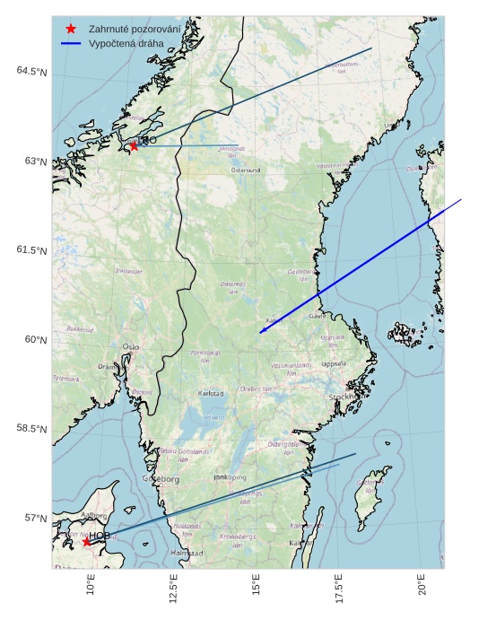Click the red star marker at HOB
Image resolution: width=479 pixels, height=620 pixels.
point(86,541)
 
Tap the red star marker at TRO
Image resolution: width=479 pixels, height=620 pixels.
point(134,145)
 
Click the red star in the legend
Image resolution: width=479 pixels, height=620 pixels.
point(71,29)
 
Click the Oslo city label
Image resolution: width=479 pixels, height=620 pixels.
point(131,346)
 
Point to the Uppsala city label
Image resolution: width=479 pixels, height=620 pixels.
point(333,364)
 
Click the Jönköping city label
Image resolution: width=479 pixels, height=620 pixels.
point(230,477)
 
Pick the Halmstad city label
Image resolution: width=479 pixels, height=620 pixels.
point(187,554)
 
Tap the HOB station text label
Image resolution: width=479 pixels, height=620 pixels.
point(99,536)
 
